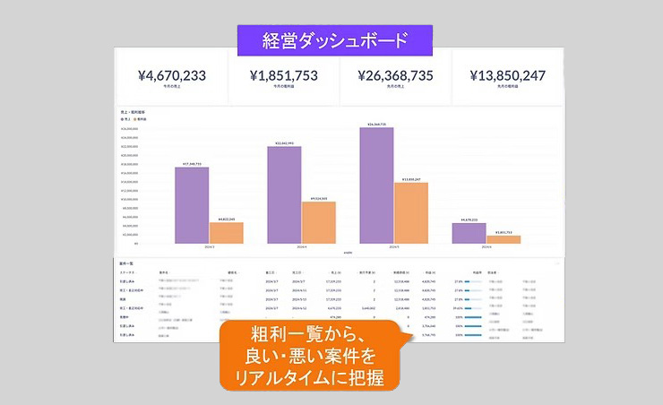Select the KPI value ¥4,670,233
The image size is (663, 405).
click(x=173, y=76)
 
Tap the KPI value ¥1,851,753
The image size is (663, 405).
click(x=283, y=76)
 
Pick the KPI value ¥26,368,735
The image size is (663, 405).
click(x=393, y=76)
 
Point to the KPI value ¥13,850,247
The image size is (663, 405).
click(x=507, y=76)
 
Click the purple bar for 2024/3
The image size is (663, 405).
click(x=191, y=204)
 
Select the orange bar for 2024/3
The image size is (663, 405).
click(x=226, y=232)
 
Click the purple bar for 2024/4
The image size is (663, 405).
click(x=284, y=194)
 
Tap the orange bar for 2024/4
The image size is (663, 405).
click(x=318, y=221)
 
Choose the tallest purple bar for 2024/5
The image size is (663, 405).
click(x=376, y=185)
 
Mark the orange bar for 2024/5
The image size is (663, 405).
click(x=411, y=212)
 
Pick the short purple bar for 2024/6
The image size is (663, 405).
click(x=469, y=232)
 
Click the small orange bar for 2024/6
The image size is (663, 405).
click(x=504, y=238)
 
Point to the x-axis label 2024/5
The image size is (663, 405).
click(x=394, y=246)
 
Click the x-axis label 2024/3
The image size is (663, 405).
click(x=209, y=246)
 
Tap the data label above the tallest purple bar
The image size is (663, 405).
click(x=376, y=125)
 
